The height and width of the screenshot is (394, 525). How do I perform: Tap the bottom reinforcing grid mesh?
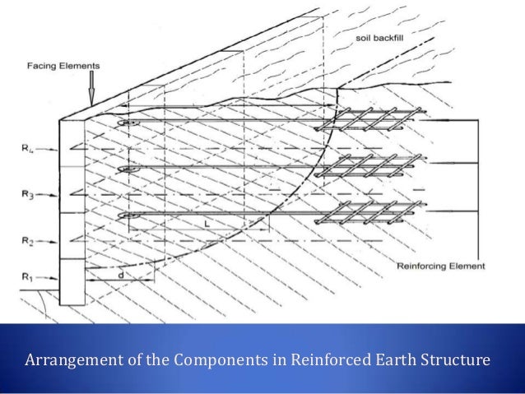pos(362,216)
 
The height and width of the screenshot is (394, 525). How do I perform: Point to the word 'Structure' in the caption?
pos(451,360)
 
